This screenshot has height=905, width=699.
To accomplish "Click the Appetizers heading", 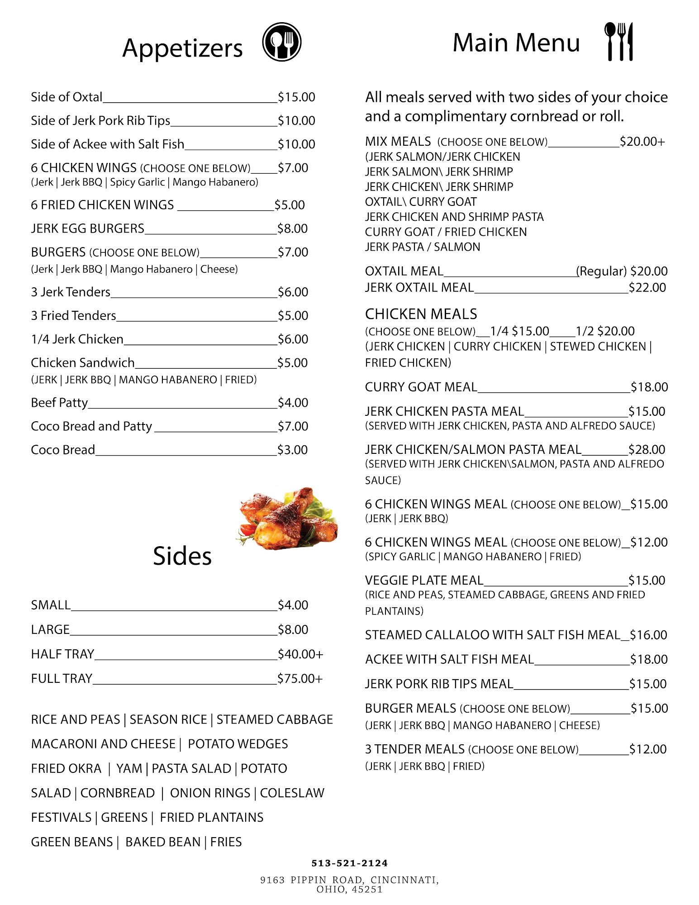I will [182, 48].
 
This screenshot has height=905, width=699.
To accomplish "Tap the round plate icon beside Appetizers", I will [281, 42].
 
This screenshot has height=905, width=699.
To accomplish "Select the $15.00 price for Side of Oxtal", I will [296, 97].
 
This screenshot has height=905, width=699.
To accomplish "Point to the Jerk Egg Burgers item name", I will [87, 229].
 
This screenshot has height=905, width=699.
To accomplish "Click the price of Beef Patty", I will [293, 403].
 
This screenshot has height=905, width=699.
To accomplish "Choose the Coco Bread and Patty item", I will [91, 426].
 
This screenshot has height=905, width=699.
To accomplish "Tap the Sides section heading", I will [182, 556].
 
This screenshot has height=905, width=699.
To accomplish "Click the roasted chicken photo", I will [288, 519].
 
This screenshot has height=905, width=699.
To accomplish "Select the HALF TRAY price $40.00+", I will [300, 654].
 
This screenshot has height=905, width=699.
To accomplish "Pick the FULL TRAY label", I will [62, 679].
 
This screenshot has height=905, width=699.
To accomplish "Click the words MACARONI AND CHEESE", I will [103, 744].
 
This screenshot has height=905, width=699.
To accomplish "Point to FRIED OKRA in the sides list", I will [66, 768].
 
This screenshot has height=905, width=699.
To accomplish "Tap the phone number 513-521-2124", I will [349, 863].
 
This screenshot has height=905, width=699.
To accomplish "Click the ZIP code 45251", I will [367, 890].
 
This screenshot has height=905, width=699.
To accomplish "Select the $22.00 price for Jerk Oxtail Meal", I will [647, 288].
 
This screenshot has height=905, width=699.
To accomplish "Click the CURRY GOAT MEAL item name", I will [421, 387].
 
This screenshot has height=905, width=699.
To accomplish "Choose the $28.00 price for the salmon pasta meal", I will [647, 450].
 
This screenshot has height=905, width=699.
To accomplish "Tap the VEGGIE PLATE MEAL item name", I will [424, 581].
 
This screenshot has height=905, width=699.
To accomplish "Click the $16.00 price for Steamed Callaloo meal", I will [648, 635].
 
